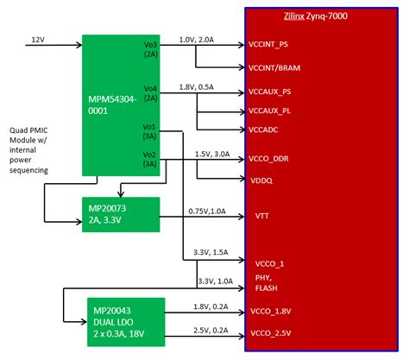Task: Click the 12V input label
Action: [x=38, y=40]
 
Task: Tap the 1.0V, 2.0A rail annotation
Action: [x=196, y=40]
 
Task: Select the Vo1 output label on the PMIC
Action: [x=149, y=127]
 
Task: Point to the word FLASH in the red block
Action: [x=267, y=287]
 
